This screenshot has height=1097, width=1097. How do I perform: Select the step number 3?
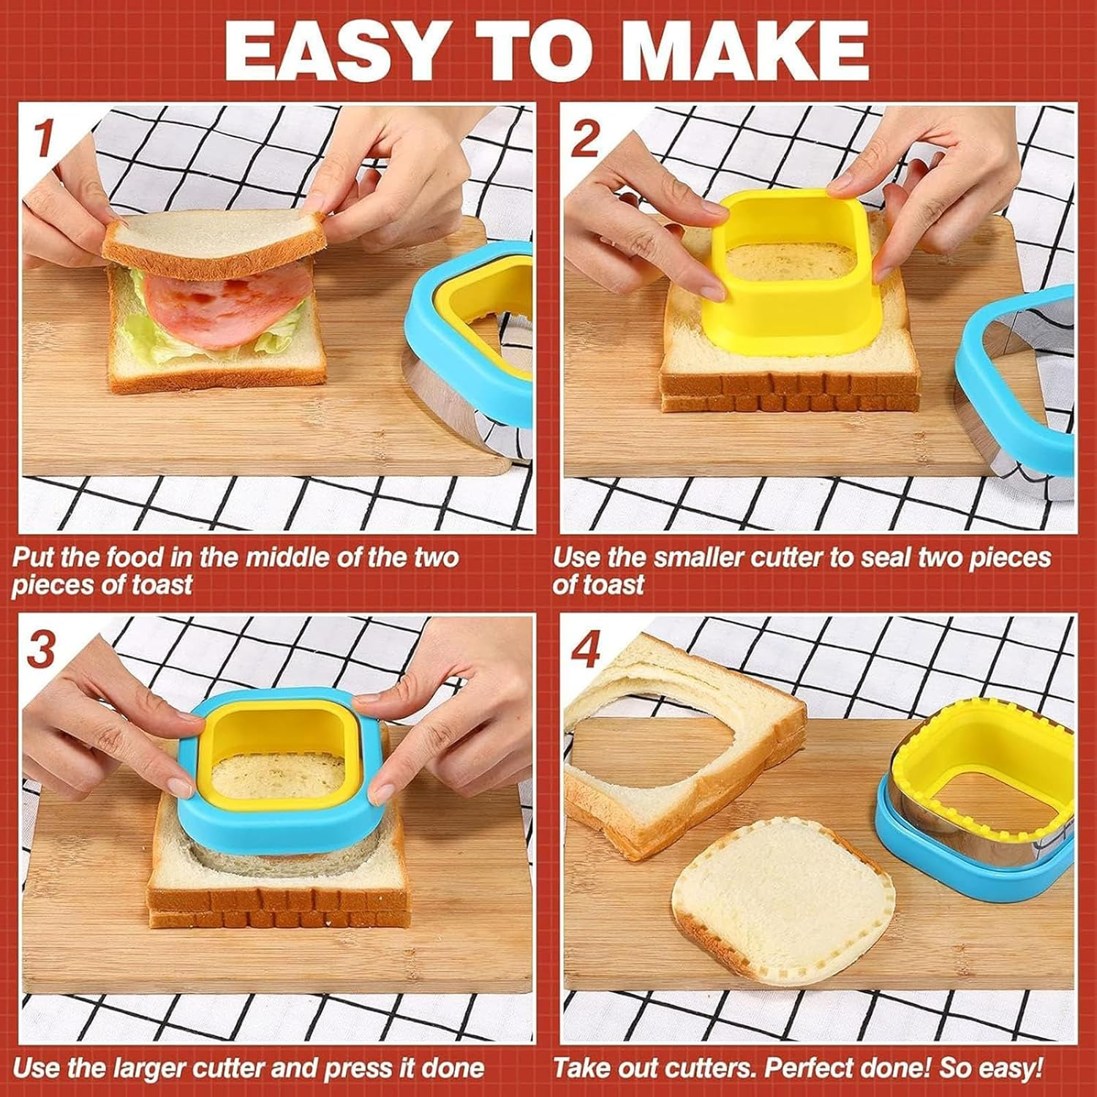tap(42, 648)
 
